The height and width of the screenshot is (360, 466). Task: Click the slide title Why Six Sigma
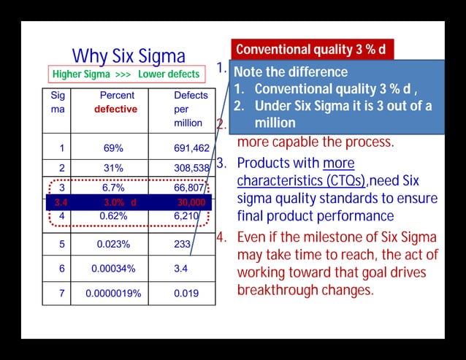click(x=129, y=56)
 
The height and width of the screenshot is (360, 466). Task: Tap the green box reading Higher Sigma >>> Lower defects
click(x=126, y=74)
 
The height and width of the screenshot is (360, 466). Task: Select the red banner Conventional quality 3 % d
click(x=311, y=50)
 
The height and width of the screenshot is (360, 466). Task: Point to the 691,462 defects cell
click(x=191, y=148)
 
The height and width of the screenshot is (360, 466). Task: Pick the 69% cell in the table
click(x=113, y=148)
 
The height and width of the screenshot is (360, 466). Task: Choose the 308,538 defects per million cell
click(x=191, y=168)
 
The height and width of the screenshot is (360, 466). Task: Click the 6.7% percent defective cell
click(x=113, y=188)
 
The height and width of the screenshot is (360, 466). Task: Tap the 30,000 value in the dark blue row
click(x=191, y=202)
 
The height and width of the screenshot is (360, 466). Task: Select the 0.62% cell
click(x=113, y=216)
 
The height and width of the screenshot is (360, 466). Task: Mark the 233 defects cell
click(x=183, y=245)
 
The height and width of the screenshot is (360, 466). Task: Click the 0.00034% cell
click(x=113, y=269)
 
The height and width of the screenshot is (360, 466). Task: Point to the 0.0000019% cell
click(x=113, y=294)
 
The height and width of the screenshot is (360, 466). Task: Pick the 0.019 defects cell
click(x=186, y=294)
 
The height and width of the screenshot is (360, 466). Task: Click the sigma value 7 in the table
click(x=62, y=294)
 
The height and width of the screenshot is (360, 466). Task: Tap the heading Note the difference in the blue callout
click(x=291, y=72)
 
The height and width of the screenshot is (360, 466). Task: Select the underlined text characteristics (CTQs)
click(x=302, y=180)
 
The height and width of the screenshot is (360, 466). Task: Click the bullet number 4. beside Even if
click(x=223, y=237)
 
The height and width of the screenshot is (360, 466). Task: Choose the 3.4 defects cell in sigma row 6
click(x=181, y=269)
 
